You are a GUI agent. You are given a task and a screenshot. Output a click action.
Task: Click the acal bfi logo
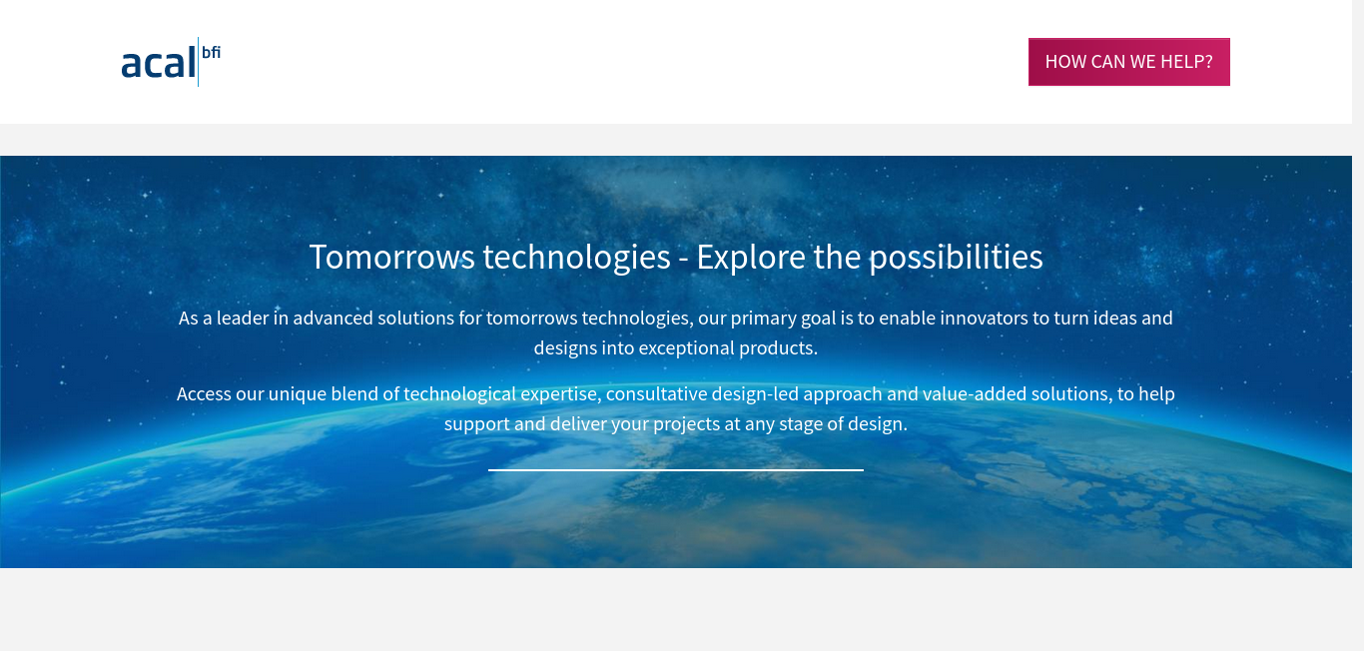point(171,62)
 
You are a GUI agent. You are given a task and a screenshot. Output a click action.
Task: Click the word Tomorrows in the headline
point(392,257)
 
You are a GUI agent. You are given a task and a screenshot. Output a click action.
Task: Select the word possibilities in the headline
point(956,257)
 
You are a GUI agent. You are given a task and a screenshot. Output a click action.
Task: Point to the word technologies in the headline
point(577,257)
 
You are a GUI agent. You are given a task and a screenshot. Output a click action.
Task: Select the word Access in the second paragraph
point(204,394)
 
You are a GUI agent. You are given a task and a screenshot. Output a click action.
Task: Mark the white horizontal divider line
point(676,470)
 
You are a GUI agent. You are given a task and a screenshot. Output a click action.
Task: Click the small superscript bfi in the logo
point(211,52)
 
